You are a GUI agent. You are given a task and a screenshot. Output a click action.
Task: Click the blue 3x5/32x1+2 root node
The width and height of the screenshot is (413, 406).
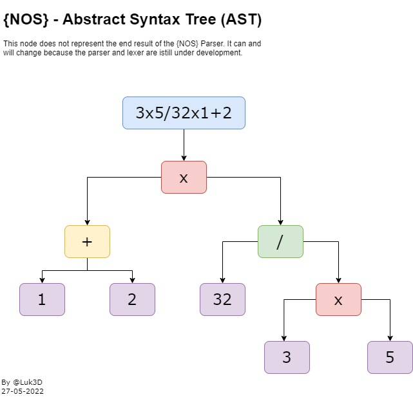[x=184, y=113]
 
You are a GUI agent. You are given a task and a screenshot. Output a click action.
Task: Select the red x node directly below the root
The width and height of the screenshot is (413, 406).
[x=184, y=177]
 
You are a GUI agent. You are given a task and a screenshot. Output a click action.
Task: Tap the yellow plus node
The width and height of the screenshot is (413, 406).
[x=87, y=241]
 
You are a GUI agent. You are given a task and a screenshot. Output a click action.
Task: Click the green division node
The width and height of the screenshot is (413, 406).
[x=280, y=241]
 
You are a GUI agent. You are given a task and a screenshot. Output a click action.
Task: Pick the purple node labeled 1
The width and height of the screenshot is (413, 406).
[x=42, y=299]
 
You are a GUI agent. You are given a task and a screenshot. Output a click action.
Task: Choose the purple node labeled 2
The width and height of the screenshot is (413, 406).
[x=132, y=299]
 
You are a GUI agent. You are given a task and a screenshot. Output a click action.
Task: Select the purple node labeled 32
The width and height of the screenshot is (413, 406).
[x=222, y=299]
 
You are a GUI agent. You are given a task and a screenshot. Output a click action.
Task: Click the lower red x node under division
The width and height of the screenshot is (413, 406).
[x=338, y=299]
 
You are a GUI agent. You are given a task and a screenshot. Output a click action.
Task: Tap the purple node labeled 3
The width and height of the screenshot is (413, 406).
[x=287, y=357]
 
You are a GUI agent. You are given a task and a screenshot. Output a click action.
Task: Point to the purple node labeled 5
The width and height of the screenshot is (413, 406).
[x=390, y=357]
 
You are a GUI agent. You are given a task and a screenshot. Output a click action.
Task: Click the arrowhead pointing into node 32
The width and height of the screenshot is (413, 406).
[x=222, y=280]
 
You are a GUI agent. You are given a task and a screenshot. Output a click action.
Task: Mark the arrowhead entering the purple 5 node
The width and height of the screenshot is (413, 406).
[x=390, y=338]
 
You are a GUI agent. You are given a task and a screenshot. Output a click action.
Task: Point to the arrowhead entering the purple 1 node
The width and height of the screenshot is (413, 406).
[x=42, y=280]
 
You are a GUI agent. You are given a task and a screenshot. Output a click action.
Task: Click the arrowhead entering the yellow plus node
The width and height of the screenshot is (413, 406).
[x=87, y=222]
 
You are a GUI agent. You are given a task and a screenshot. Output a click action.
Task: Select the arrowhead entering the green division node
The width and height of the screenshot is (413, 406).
[x=280, y=222]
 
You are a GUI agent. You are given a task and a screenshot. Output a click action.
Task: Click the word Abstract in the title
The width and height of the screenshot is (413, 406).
[x=94, y=20]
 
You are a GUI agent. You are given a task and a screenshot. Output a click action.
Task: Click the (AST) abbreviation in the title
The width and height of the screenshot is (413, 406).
[x=241, y=20]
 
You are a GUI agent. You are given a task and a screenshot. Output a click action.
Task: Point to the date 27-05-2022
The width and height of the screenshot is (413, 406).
[x=23, y=391]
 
